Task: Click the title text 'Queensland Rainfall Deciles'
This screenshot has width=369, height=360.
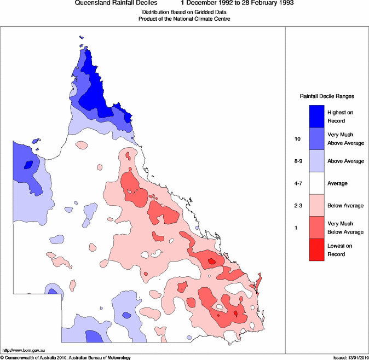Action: point(116,3)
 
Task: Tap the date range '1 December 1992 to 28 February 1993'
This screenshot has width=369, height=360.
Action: point(237,3)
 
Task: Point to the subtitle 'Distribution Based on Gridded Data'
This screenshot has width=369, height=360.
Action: point(184,12)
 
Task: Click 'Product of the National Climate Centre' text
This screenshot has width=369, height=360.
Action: point(184,19)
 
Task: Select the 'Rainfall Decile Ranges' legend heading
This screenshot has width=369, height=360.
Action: point(327,96)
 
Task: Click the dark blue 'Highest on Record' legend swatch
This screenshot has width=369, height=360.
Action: point(317,117)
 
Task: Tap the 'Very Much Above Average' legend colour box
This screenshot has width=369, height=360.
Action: point(317,139)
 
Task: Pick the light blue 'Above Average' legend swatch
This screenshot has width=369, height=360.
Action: point(317,161)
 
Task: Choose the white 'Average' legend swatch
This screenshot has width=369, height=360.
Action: point(317,183)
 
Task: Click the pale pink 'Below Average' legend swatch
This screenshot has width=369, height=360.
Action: point(317,205)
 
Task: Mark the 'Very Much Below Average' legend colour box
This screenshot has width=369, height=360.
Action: point(317,228)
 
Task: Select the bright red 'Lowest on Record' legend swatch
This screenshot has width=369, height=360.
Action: point(317,249)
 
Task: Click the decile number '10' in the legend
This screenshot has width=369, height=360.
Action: point(297,139)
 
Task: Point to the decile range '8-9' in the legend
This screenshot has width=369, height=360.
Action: point(298,161)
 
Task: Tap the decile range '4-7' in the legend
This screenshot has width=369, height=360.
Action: point(298,183)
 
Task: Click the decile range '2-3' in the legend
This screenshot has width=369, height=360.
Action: point(298,206)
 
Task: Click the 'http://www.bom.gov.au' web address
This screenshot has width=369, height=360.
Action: point(24,350)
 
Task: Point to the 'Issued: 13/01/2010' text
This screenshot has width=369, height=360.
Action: point(351,358)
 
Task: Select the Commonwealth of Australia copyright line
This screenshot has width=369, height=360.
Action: point(65,358)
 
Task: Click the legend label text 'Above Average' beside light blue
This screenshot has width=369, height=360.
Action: point(345,161)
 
